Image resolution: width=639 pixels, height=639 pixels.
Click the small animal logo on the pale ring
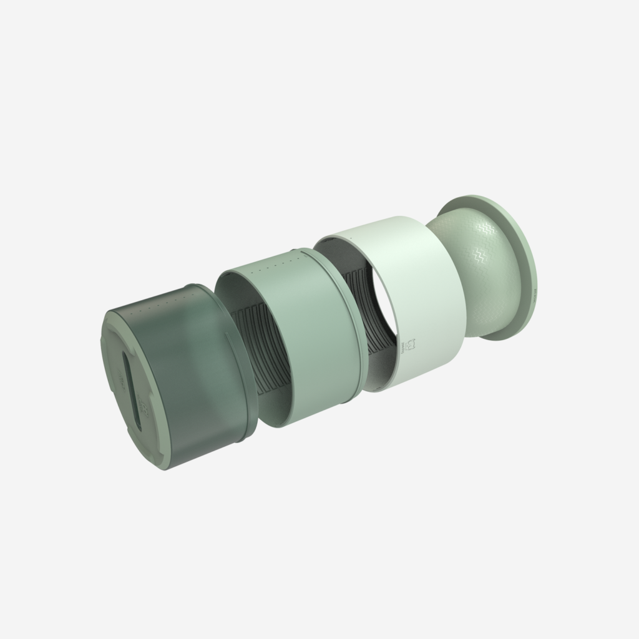410,345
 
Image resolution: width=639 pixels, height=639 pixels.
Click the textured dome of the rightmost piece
487,275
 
